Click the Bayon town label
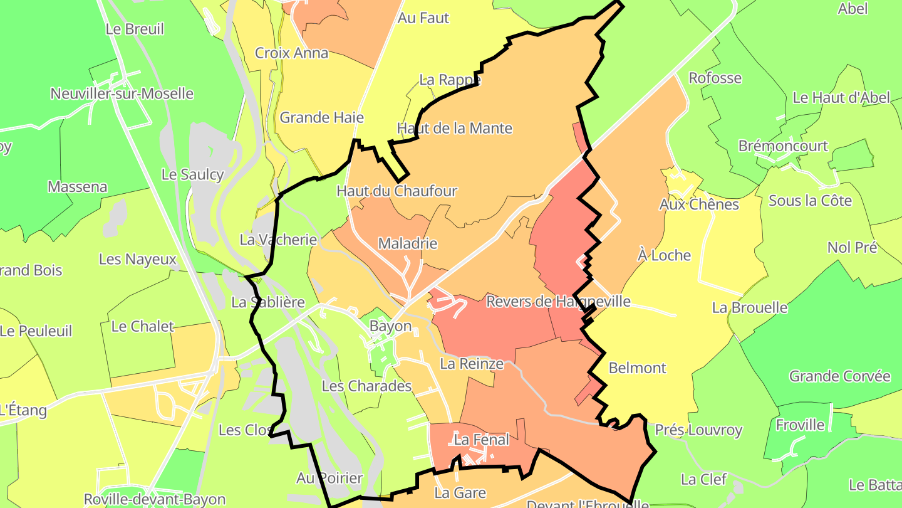click(x=390, y=326)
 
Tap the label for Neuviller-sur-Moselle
click(x=122, y=94)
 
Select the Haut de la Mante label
click(x=455, y=129)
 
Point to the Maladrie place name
click(x=408, y=243)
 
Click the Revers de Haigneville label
click(x=558, y=302)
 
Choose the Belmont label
click(x=638, y=368)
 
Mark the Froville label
click(x=801, y=425)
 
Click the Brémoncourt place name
click(x=792, y=146)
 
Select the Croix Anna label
click(x=291, y=53)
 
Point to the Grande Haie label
click(x=321, y=117)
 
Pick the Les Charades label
click(x=366, y=386)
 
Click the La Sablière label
click(x=268, y=302)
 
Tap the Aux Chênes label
click(x=699, y=204)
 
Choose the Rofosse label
click(x=715, y=78)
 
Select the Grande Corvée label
click(x=839, y=376)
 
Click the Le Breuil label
click(x=135, y=29)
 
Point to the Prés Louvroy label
click(x=698, y=430)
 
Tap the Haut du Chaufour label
click(x=397, y=191)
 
